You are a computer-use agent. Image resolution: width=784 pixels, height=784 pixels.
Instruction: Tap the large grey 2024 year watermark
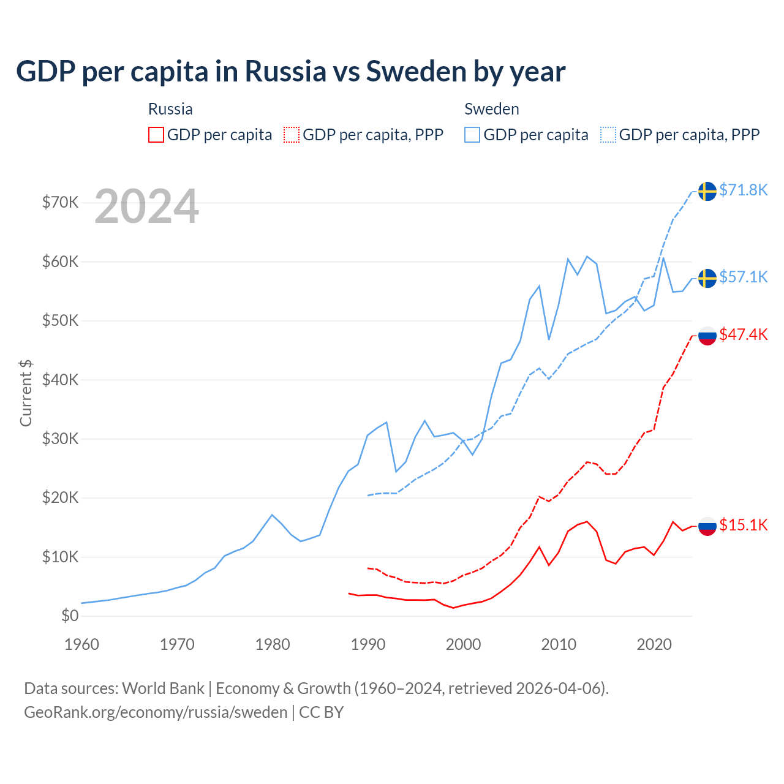[x=146, y=206]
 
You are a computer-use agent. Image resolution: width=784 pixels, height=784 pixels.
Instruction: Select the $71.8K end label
[x=743, y=190]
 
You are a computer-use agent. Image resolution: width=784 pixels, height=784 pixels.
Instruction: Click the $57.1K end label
[x=743, y=277]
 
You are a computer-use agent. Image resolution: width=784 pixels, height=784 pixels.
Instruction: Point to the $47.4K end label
[x=743, y=335]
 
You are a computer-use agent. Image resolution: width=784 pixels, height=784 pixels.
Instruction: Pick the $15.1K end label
[x=743, y=526]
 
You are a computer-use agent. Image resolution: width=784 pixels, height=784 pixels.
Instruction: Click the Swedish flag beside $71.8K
[x=707, y=191]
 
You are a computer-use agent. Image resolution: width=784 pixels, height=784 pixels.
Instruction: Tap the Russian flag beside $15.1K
[x=707, y=526]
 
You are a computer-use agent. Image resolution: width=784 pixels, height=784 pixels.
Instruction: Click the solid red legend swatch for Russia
[x=156, y=135]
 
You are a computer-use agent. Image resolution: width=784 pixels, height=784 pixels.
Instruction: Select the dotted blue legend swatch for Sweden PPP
[x=608, y=135]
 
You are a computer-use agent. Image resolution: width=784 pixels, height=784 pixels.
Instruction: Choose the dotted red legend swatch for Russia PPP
[x=292, y=135]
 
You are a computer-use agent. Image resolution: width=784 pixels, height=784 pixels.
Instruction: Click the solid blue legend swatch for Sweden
[x=472, y=135]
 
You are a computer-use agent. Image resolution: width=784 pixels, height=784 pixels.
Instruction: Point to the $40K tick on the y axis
[x=60, y=380]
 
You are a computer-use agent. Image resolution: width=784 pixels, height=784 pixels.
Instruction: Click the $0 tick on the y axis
[x=70, y=616]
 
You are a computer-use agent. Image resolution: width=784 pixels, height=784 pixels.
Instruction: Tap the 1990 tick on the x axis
[x=368, y=644]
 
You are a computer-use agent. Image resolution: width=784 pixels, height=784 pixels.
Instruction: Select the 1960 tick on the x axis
[x=81, y=644]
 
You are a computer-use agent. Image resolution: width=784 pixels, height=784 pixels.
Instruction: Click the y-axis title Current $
[x=26, y=393]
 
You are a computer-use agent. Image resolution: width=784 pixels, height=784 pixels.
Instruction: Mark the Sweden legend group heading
[x=491, y=109]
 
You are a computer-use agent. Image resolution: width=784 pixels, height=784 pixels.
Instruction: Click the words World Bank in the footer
[x=163, y=688]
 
